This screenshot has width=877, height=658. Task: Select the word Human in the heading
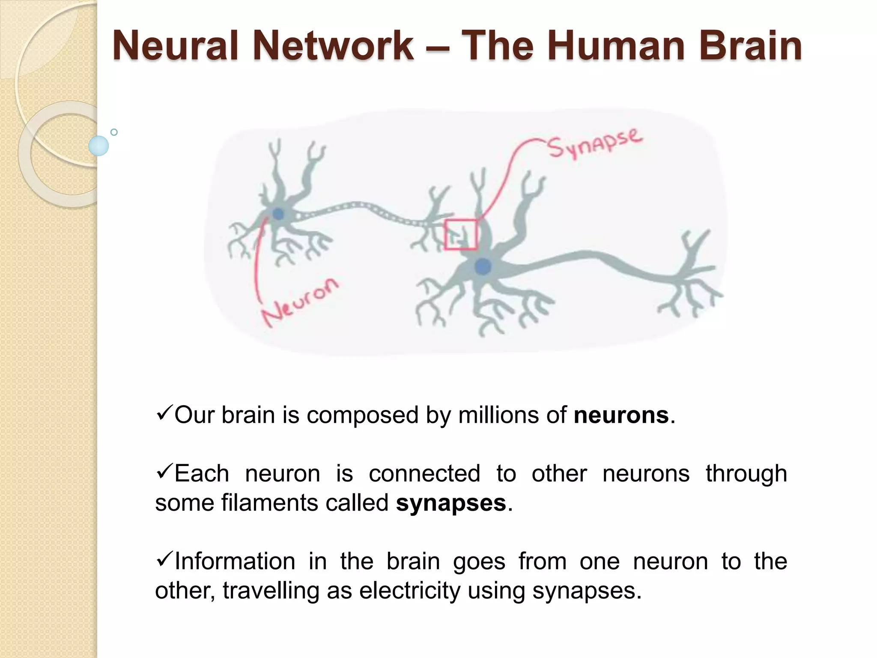(616, 46)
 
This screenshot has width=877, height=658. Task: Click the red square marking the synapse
(461, 234)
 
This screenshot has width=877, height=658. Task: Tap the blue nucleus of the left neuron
(278, 213)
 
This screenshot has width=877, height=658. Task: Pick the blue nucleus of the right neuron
(483, 266)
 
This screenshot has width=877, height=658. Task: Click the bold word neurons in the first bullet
(621, 416)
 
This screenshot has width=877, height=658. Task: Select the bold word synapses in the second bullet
(451, 503)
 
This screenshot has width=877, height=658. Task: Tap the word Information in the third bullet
(235, 562)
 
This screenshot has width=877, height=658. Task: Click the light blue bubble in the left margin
(98, 146)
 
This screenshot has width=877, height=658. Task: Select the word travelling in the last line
(271, 591)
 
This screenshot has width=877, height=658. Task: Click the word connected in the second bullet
(424, 474)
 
